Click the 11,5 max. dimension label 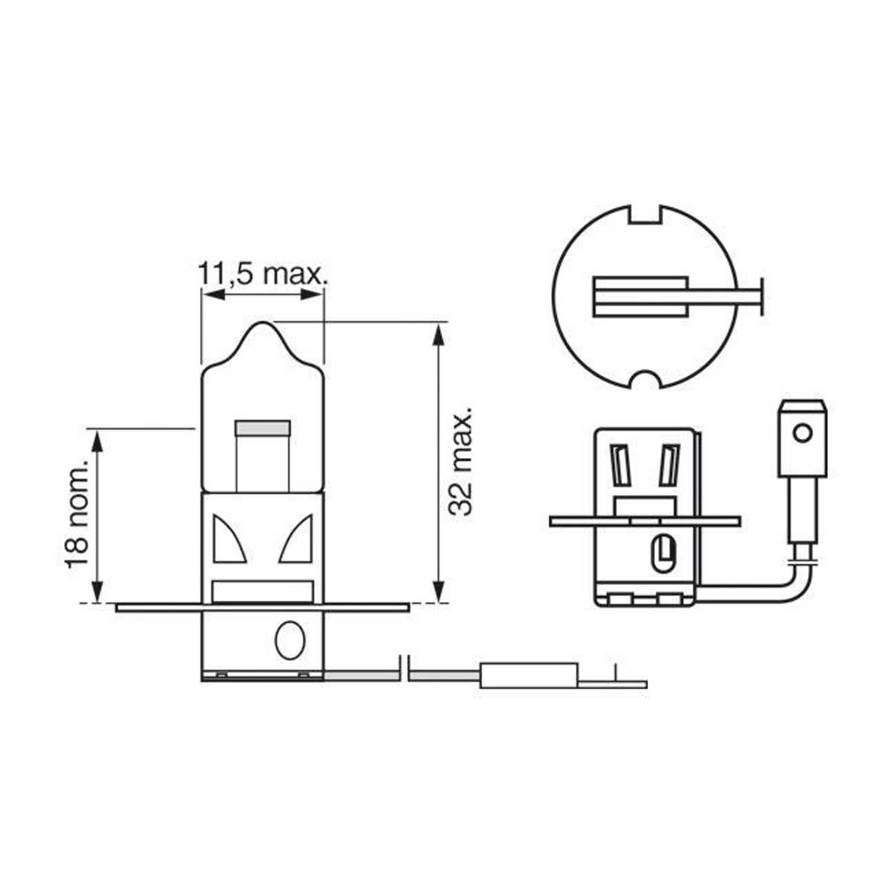coord(262,274)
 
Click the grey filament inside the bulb coord(262,427)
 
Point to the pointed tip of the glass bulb coord(263,323)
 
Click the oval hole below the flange coord(290,639)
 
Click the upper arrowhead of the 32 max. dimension coord(439,333)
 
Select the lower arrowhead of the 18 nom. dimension coord(97,591)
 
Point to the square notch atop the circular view coord(644,216)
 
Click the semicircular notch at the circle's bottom coord(644,379)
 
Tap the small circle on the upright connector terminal coord(802,433)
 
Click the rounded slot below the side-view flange coord(664,554)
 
